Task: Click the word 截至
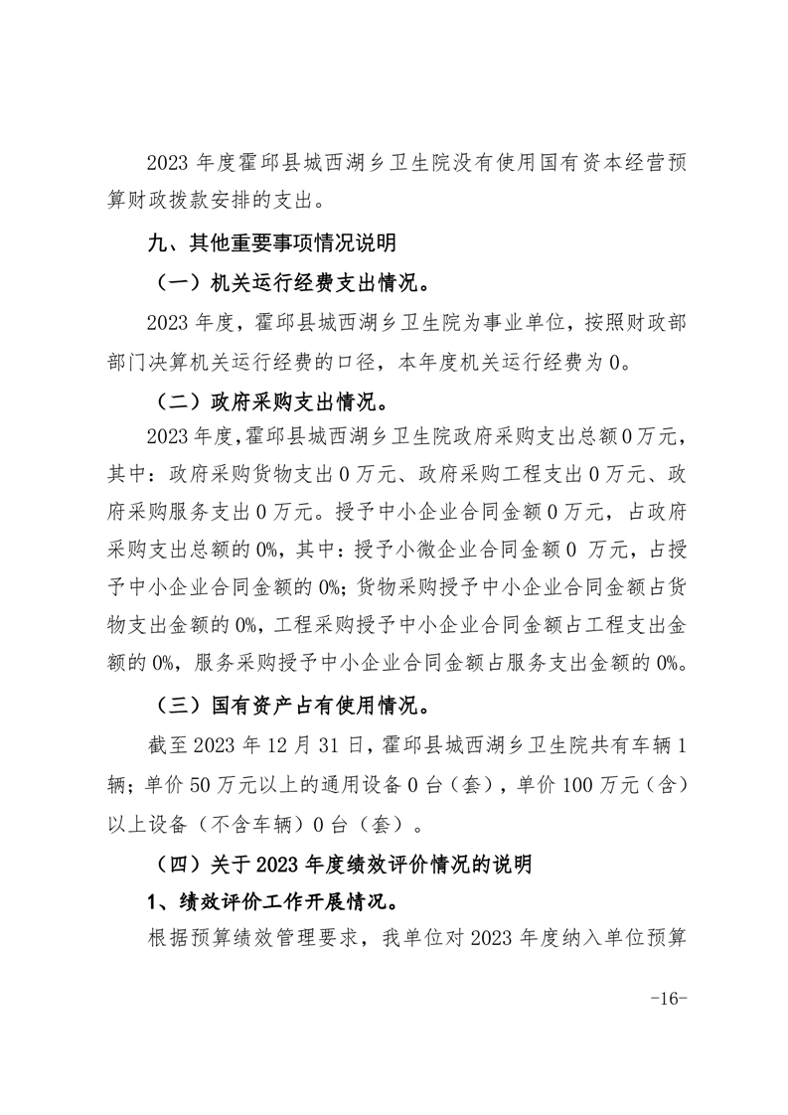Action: point(163,746)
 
